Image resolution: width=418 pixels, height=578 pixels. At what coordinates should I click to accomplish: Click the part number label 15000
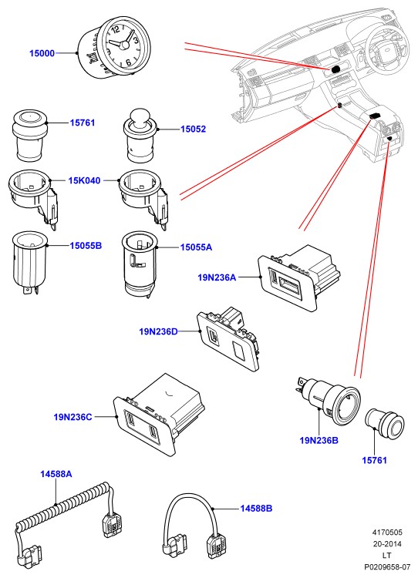pyautogui.click(x=42, y=53)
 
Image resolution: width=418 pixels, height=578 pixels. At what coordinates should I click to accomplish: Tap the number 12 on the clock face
pyautogui.click(x=116, y=29)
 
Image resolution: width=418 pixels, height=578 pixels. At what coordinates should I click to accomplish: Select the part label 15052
pyautogui.click(x=193, y=129)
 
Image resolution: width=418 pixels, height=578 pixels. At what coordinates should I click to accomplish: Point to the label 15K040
pyautogui.click(x=84, y=180)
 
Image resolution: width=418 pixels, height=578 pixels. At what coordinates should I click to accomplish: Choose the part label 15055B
pyautogui.click(x=86, y=246)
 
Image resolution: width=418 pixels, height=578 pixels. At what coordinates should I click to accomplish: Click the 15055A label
pyautogui.click(x=196, y=247)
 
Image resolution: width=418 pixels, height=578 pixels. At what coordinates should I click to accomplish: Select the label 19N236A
pyautogui.click(x=217, y=277)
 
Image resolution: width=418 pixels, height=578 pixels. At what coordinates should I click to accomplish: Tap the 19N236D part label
pyautogui.click(x=158, y=331)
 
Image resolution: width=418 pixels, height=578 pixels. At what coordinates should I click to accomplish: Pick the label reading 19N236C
pyautogui.click(x=72, y=417)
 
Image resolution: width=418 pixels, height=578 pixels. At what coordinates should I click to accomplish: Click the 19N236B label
pyautogui.click(x=319, y=440)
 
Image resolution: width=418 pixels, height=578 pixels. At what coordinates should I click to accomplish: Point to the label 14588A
pyautogui.click(x=56, y=474)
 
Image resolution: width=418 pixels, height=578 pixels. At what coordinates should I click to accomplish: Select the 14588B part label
pyautogui.click(x=256, y=509)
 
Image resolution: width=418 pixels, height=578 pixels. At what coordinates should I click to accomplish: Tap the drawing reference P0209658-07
pyautogui.click(x=387, y=566)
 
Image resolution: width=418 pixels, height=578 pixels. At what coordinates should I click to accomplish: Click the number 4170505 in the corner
pyautogui.click(x=387, y=533)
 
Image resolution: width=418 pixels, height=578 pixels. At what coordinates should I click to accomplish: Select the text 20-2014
pyautogui.click(x=387, y=544)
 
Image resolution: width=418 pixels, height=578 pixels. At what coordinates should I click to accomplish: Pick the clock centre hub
pyautogui.click(x=125, y=45)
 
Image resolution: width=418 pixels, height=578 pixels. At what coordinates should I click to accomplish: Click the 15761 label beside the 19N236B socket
pyautogui.click(x=374, y=460)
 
